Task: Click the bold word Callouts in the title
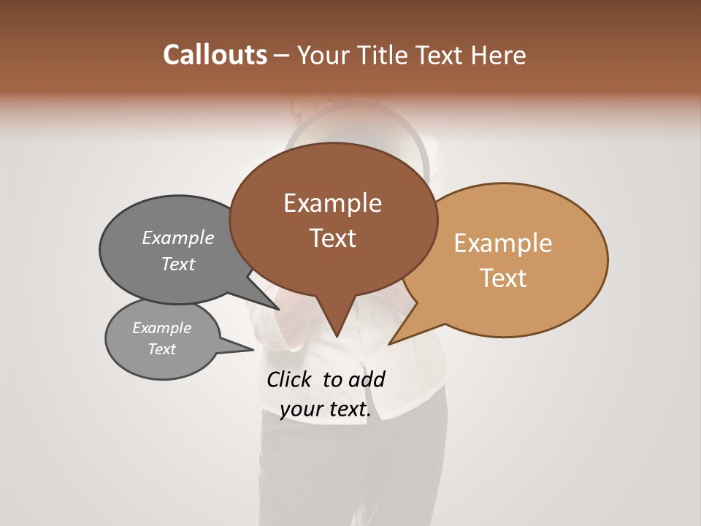(215, 55)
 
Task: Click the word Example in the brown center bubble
(332, 203)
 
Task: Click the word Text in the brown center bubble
(332, 238)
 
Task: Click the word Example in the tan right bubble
(503, 243)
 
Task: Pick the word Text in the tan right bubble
(503, 278)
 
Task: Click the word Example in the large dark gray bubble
(177, 237)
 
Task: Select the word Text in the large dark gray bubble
(177, 264)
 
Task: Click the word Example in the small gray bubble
(161, 328)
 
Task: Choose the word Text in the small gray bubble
(161, 349)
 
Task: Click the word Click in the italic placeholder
(291, 379)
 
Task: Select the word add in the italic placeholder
(367, 379)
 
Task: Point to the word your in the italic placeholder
(301, 410)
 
